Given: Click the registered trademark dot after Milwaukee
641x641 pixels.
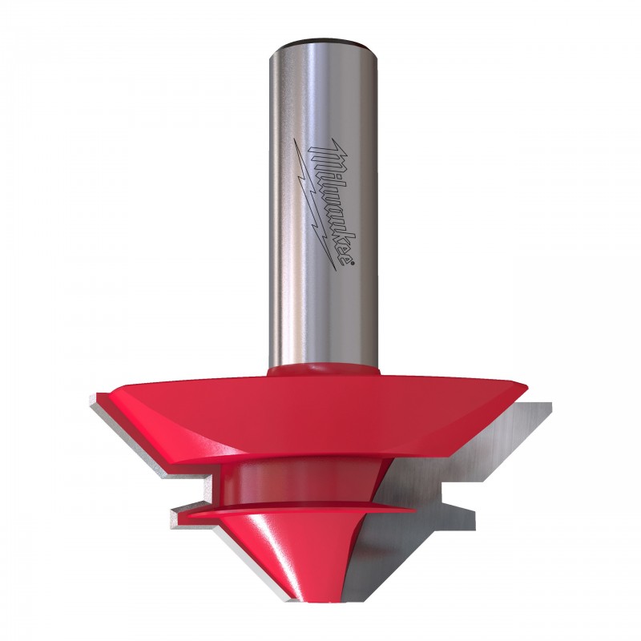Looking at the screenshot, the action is coord(353,264).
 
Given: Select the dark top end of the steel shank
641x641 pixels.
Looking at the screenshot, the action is coord(325,42).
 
